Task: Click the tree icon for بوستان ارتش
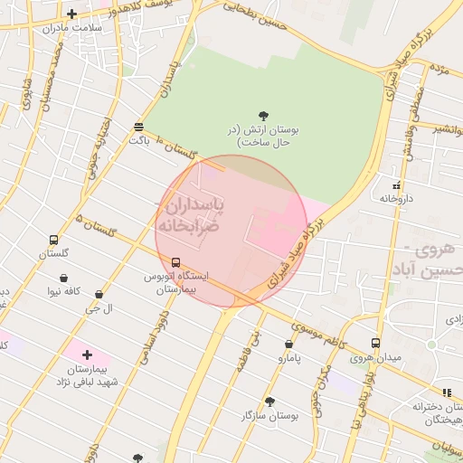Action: click(x=263, y=116)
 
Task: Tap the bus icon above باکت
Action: click(x=137, y=128)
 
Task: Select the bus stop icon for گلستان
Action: click(x=53, y=241)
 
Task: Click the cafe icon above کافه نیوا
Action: click(x=64, y=278)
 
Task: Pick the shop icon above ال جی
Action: click(x=98, y=295)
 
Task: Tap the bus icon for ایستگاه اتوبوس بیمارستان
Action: click(x=175, y=262)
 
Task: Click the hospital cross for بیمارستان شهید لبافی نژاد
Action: click(x=87, y=355)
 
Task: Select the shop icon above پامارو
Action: click(x=288, y=345)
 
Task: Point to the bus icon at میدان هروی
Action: click(x=375, y=343)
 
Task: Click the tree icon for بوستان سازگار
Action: click(x=269, y=401)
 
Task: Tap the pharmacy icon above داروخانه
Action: click(x=396, y=184)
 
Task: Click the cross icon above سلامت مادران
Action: click(x=71, y=14)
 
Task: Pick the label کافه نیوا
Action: click(x=65, y=291)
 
